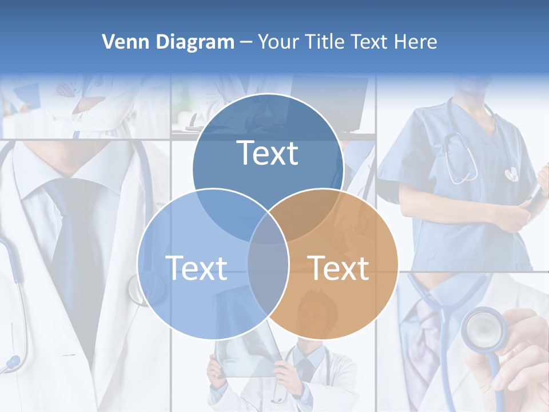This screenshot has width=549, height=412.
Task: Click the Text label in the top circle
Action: [x=268, y=153]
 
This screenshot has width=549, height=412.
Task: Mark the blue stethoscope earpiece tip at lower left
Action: [x=11, y=362]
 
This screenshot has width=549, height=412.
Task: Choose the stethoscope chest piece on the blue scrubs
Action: [x=511, y=173]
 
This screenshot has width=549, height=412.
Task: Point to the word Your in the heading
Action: [x=279, y=42]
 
